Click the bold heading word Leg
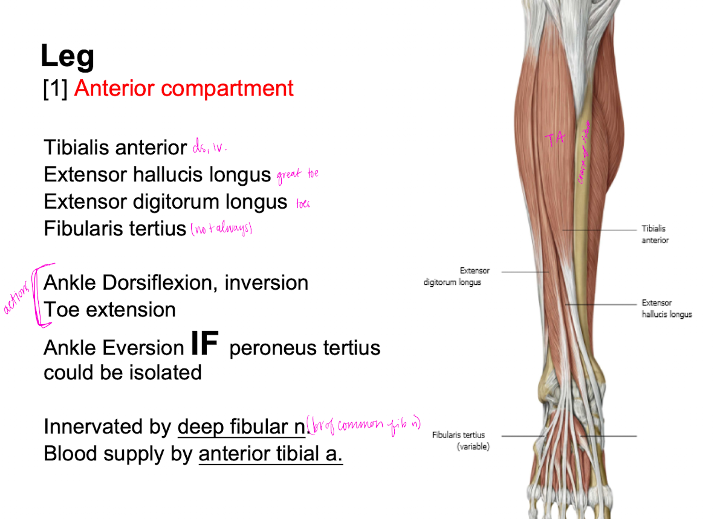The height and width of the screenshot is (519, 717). tap(67, 56)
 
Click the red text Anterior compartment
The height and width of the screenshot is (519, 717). tap(184, 88)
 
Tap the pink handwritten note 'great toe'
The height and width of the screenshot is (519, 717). tap(297, 175)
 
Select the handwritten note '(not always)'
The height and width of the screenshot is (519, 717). tap(221, 229)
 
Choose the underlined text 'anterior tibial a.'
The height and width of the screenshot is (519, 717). tap(270, 454)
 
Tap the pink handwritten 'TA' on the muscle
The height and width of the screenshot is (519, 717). tap(554, 140)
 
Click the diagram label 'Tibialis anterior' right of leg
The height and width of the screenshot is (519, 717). tap(655, 235)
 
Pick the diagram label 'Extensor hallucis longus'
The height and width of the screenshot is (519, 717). tap(666, 308)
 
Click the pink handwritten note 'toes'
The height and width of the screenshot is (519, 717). tap(303, 204)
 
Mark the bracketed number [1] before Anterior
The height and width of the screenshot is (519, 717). tap(56, 88)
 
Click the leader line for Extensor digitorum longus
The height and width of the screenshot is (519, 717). tap(525, 272)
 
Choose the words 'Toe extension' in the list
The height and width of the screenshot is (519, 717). tap(109, 310)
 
